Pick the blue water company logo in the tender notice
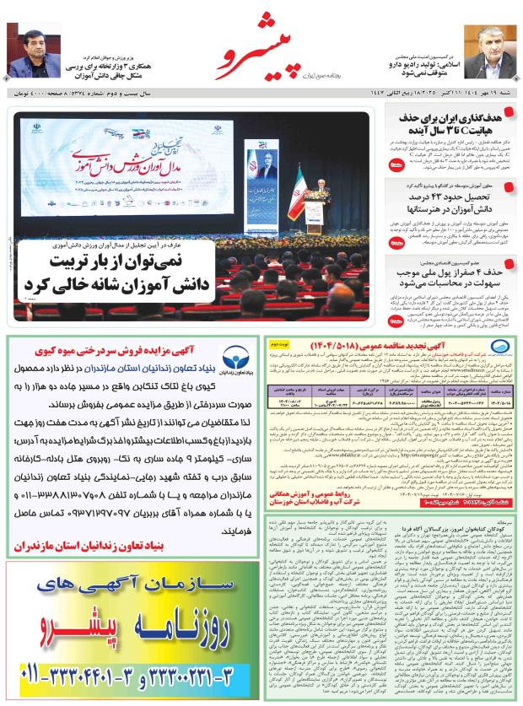(x=498, y=350)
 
